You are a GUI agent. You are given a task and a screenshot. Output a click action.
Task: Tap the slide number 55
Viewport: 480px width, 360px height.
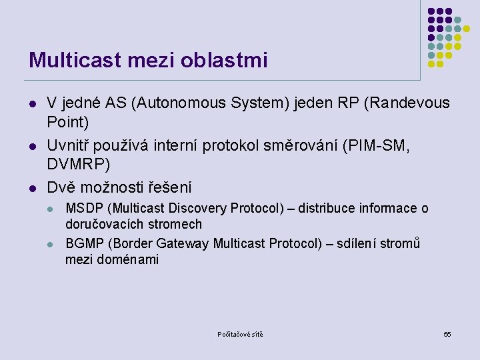[447, 334]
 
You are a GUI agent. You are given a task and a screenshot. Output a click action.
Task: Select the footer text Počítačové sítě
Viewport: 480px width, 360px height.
[240, 334]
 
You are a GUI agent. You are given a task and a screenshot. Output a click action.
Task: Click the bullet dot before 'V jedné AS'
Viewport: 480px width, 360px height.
[31, 104]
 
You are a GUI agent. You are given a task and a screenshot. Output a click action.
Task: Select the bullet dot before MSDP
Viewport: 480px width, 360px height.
[51, 209]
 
